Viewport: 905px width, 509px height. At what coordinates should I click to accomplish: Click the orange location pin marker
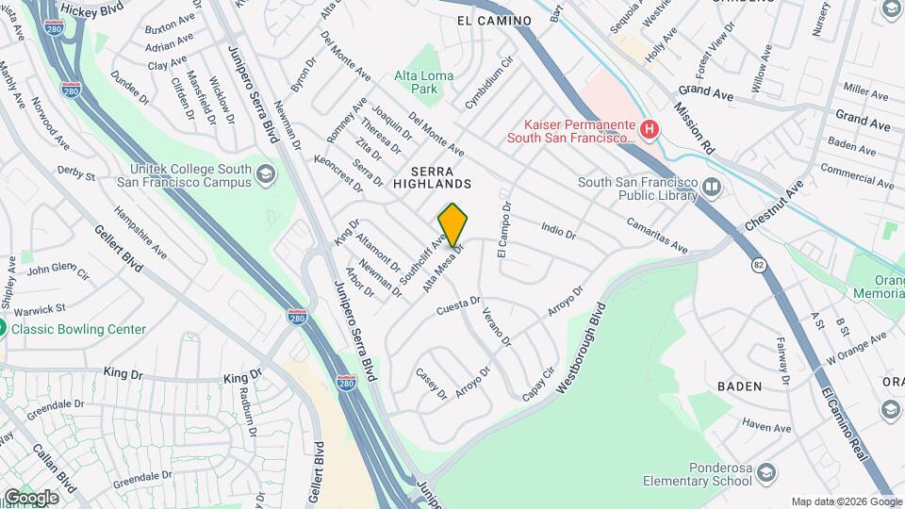pos(452,224)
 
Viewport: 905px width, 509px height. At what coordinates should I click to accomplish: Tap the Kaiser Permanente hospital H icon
pos(648,128)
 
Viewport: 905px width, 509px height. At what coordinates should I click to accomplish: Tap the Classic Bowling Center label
pos(78,329)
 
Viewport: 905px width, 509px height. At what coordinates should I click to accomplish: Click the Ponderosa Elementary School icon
pos(766,472)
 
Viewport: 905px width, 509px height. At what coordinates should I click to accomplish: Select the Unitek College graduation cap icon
pos(265,174)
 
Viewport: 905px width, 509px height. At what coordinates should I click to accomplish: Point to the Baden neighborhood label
pos(739,386)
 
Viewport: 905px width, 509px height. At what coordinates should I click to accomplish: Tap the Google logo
pos(31,496)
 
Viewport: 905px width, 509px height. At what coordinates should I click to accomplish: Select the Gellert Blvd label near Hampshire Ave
pos(118,248)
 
